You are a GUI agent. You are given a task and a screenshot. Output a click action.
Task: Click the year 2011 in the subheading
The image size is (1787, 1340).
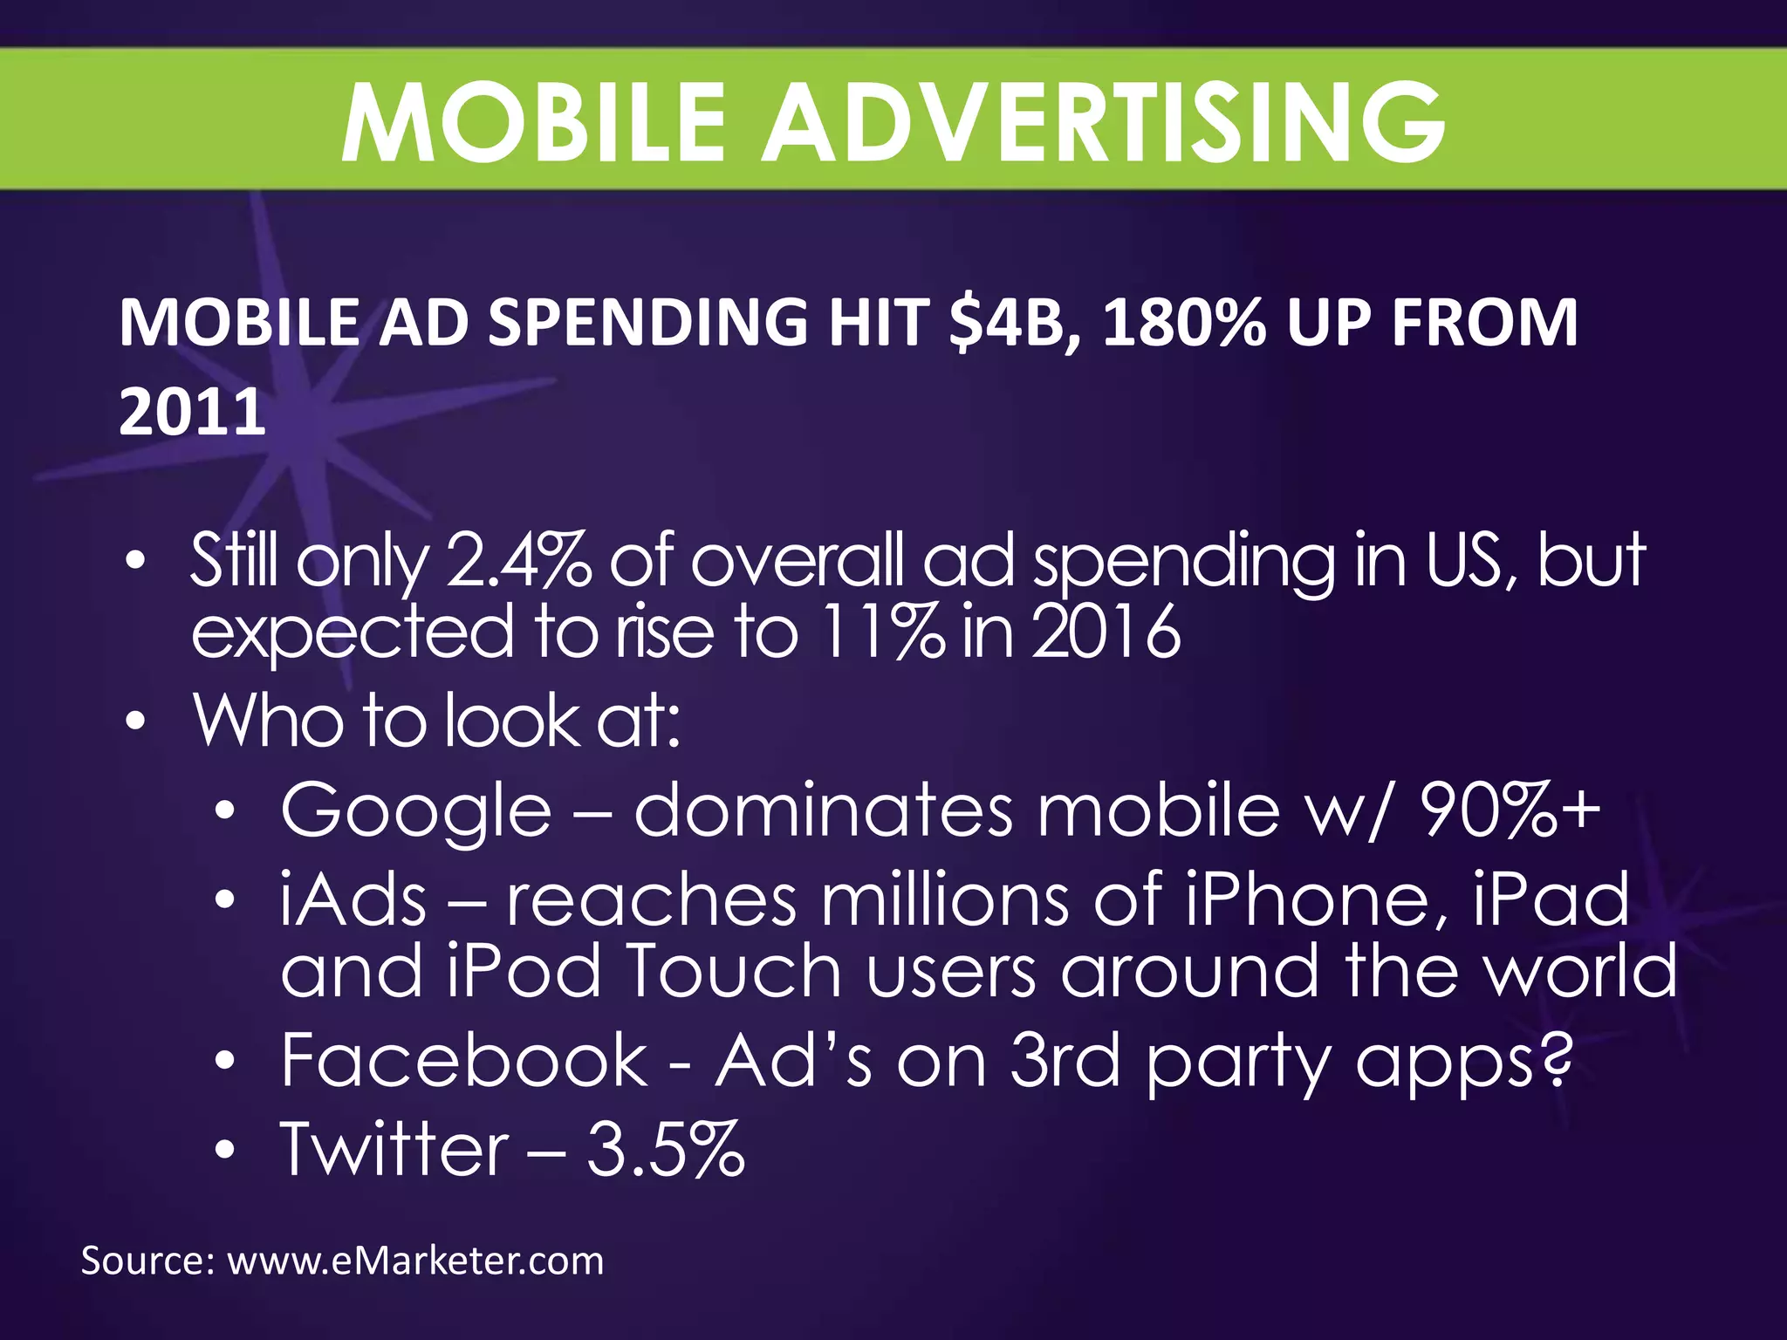pyautogui.click(x=192, y=412)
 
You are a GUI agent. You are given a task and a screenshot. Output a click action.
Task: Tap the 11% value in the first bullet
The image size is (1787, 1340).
pyautogui.click(x=882, y=632)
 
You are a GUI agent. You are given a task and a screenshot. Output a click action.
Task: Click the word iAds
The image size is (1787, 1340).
pyautogui.click(x=353, y=900)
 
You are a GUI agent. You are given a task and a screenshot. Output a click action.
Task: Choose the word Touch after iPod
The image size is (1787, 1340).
pyautogui.click(x=733, y=971)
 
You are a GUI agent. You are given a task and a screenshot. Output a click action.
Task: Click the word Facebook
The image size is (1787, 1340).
pyautogui.click(x=464, y=1060)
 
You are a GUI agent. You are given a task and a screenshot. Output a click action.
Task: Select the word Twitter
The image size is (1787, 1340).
pyautogui.click(x=394, y=1149)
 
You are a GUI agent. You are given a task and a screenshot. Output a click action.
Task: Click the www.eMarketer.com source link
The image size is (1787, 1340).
pyautogui.click(x=415, y=1261)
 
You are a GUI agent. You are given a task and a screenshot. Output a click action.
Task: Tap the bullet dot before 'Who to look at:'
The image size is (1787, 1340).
pyautogui.click(x=135, y=722)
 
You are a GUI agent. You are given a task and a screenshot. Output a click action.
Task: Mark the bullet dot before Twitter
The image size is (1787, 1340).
pyautogui.click(x=225, y=1151)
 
